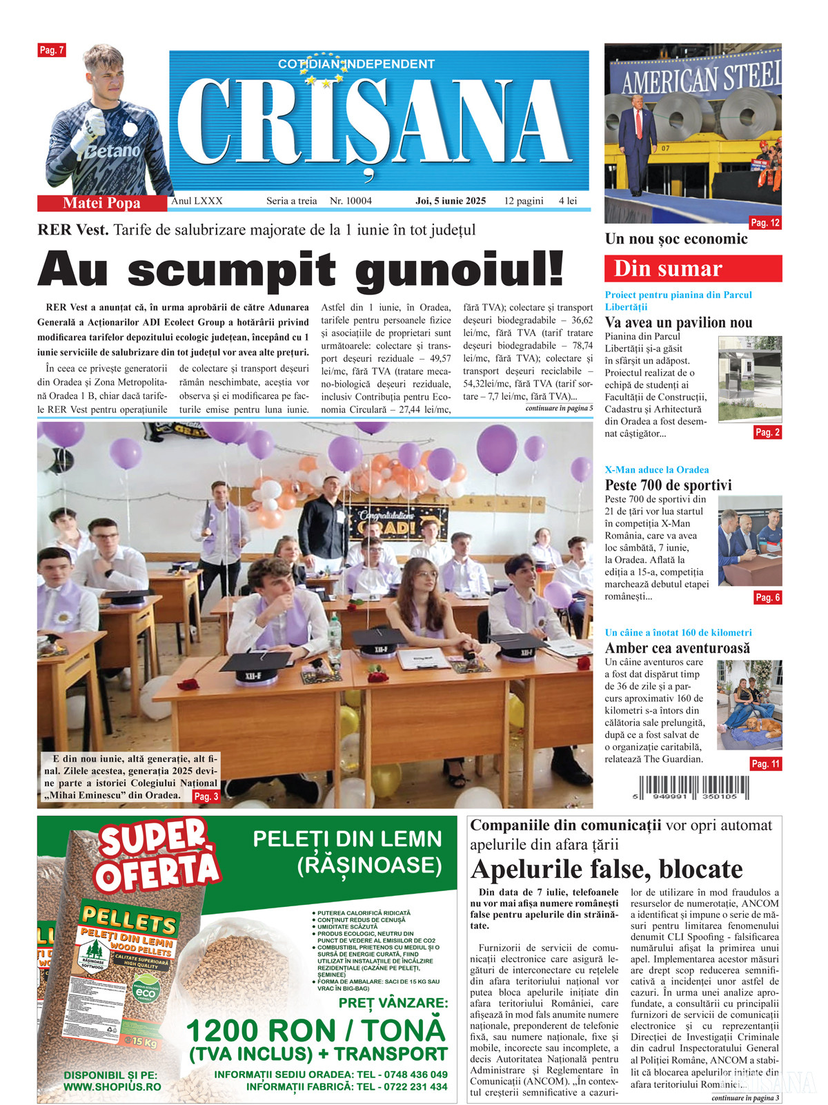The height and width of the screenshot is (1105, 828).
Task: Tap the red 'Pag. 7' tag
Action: (x=52, y=50)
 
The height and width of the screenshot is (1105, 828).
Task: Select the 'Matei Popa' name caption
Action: (x=101, y=203)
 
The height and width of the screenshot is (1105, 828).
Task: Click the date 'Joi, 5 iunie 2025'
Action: (x=451, y=201)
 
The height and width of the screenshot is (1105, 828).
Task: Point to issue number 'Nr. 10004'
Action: (x=351, y=201)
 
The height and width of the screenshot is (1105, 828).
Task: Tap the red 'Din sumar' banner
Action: (x=693, y=268)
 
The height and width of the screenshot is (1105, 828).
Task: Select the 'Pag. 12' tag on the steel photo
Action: (x=765, y=223)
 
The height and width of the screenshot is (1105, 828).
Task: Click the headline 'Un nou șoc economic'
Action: (x=676, y=239)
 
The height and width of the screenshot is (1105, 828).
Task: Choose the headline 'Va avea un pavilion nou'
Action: (x=678, y=322)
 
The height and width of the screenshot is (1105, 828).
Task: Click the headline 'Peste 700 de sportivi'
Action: (x=668, y=485)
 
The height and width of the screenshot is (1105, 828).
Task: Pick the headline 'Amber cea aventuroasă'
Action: (x=677, y=648)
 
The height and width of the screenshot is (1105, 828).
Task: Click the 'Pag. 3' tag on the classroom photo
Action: (x=206, y=796)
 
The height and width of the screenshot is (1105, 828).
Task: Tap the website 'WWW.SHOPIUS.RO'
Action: (x=112, y=1086)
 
